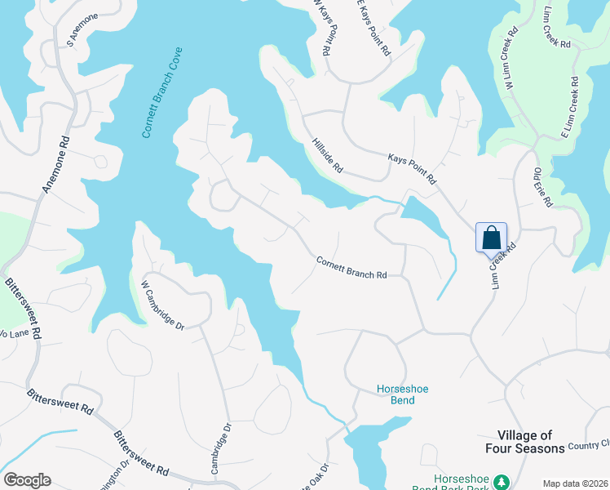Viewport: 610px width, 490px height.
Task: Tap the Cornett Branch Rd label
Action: click(x=351, y=268)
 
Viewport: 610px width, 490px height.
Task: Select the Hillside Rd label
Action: click(x=327, y=155)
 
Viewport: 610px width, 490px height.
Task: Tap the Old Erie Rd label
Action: click(x=543, y=187)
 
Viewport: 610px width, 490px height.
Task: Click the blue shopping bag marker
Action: click(x=492, y=238)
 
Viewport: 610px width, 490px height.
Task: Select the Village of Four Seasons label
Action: click(x=531, y=442)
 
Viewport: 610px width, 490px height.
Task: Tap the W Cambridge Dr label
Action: click(x=162, y=305)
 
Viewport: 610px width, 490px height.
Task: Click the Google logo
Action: click(x=27, y=480)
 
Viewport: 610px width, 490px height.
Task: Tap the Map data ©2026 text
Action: click(x=575, y=483)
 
